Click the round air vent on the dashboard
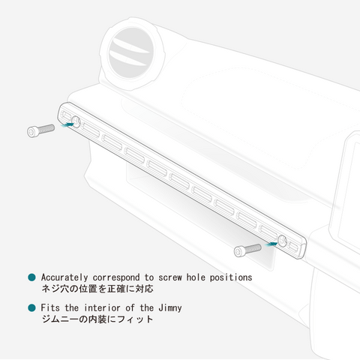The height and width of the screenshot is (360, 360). point(132,53)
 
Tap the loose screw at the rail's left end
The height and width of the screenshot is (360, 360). point(40,130)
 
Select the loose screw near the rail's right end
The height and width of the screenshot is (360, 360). point(247,250)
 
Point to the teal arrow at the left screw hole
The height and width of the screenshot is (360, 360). point(67,124)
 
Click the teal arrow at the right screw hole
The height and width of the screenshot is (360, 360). point(271,244)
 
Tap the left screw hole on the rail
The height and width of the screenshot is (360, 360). point(76,121)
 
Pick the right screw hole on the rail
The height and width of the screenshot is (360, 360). point(283,241)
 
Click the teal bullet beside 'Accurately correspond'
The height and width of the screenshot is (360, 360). point(31,277)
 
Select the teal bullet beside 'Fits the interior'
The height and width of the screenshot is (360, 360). point(31,307)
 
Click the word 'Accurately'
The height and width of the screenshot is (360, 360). point(64,277)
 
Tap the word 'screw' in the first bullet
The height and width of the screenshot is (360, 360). point(170,277)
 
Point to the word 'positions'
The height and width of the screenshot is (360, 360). point(231,277)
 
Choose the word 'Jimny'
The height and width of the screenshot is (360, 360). point(170,308)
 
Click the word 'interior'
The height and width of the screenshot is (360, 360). point(102,307)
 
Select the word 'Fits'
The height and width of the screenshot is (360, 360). point(50,307)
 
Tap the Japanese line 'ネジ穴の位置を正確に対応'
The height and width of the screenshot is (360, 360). point(97,289)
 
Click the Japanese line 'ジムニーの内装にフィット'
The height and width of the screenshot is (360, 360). point(97,319)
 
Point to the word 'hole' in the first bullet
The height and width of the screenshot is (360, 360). point(196,277)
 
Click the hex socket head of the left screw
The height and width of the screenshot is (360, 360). point(32,132)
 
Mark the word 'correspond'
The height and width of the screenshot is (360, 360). point(116,278)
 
